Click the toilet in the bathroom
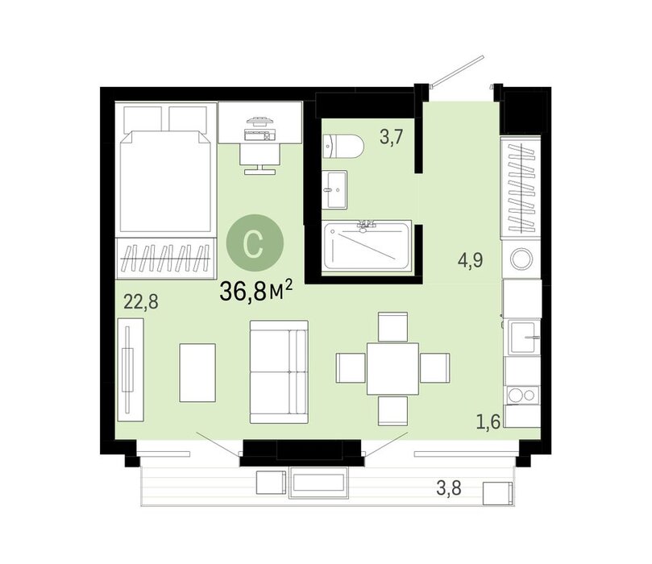tap(343, 147)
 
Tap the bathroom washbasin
tap(334, 189)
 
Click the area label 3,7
tap(392, 137)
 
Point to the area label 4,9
tap(471, 260)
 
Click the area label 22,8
tap(141, 301)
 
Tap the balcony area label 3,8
tap(449, 487)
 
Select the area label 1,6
tap(488, 422)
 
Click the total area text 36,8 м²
tap(256, 291)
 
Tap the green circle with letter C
tap(255, 243)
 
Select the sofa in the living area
tap(279, 371)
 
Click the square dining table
tap(392, 369)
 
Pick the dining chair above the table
tap(392, 327)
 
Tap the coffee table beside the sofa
tap(197, 372)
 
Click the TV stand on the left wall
tap(131, 370)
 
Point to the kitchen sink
tap(525, 337)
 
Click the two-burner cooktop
tap(522, 396)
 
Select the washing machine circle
tap(521, 259)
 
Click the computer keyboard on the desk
tap(260, 135)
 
